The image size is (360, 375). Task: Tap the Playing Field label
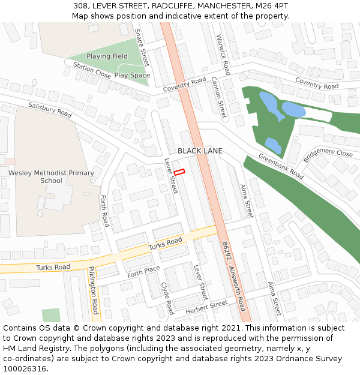point(107,56)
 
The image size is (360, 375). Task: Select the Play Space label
point(132,76)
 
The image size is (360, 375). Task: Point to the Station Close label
point(92,70)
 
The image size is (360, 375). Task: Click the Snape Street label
point(142,47)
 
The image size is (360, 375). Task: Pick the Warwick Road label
point(223,55)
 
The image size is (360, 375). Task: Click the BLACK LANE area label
point(200,151)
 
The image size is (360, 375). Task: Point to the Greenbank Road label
point(281,166)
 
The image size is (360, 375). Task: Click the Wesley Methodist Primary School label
point(51,177)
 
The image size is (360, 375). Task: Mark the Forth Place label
point(143,272)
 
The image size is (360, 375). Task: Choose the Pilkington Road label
point(93,290)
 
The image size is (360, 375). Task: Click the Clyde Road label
point(167,298)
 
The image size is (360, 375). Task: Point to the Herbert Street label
point(206,308)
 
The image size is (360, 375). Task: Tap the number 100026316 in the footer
point(25,369)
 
